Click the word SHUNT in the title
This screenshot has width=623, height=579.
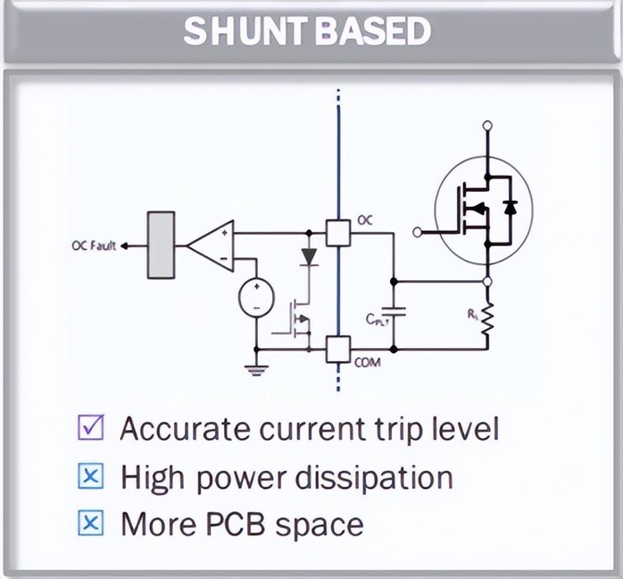pos(246,31)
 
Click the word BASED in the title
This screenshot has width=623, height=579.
pos(373,31)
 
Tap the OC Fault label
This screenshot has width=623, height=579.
pos(94,246)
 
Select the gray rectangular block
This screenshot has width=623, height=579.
pos(161,245)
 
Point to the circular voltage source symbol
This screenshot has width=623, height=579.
pos(256,297)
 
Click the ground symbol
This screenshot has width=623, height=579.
pos(256,370)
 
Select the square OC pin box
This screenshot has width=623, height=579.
pos(338,233)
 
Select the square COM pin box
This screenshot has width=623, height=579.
pos(338,349)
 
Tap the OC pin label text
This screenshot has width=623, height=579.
pos(365,220)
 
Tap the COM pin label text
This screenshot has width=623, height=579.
pos(367,362)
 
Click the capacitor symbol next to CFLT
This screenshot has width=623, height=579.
pos(394,311)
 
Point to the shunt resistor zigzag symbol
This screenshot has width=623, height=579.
pos(488,318)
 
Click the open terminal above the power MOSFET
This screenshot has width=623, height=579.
pos(487,126)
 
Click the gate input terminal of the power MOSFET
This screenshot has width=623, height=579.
pos(417,232)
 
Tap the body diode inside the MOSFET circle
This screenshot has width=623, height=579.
pos(510,207)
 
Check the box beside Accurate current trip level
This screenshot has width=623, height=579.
pos(91,427)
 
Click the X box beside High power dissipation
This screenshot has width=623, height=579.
pos(91,476)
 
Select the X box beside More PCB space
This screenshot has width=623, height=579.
pos(91,523)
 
